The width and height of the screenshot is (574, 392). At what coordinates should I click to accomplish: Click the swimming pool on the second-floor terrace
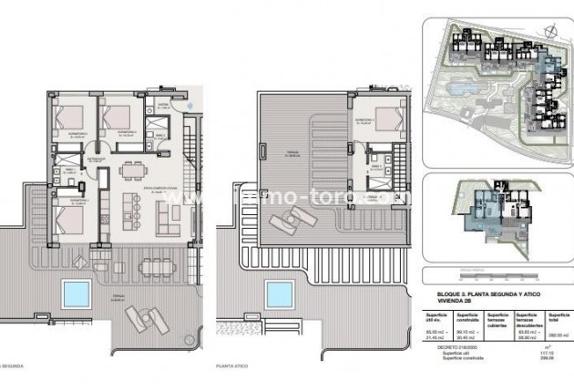76,294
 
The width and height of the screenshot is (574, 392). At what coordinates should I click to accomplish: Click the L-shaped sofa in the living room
169,215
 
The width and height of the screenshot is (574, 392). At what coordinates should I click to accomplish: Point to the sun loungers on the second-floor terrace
143,315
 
